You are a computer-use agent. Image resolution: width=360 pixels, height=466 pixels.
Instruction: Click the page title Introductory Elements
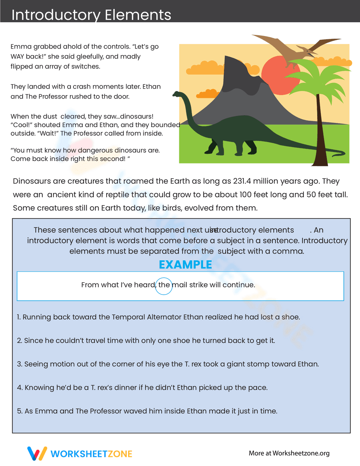click(x=91, y=15)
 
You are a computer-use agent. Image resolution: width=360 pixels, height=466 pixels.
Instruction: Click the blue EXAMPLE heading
click(x=185, y=265)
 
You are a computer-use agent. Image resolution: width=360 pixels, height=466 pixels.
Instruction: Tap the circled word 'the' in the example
click(x=164, y=285)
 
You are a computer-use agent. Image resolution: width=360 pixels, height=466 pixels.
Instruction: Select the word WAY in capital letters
click(x=18, y=57)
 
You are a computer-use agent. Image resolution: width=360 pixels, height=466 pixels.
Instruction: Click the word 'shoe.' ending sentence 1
click(x=291, y=317)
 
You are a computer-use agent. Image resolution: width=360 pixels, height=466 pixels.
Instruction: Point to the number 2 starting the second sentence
click(x=19, y=341)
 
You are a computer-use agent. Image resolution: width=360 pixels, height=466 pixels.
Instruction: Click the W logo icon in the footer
click(x=37, y=453)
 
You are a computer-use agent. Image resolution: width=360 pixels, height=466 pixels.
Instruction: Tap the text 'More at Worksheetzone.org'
click(x=289, y=453)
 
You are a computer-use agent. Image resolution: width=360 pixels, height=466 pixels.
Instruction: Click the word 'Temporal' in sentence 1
click(x=128, y=317)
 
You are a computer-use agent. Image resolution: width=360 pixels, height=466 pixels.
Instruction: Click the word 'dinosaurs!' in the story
click(x=137, y=116)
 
